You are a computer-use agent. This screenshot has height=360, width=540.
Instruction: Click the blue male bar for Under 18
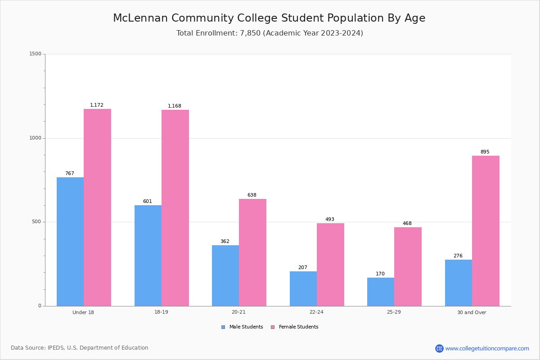tap(70, 242)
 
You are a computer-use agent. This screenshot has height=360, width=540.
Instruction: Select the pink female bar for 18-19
tap(175, 208)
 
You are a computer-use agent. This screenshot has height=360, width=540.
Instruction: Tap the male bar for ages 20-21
tap(225, 275)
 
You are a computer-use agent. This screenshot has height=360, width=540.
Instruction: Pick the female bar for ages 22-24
tap(330, 265)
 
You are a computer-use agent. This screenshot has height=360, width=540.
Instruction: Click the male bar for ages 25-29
tap(381, 292)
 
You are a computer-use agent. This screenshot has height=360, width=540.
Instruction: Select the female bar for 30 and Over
tap(486, 231)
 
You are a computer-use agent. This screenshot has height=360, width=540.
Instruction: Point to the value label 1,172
tap(97, 105)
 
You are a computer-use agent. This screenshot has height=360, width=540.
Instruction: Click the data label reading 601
tap(148, 201)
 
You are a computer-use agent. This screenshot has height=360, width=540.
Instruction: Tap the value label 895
tap(485, 152)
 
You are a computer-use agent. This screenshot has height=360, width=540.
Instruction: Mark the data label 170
tap(380, 274)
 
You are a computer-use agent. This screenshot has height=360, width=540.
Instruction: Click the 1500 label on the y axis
tap(36, 54)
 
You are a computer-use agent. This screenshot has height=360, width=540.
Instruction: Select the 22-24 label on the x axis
tap(316, 312)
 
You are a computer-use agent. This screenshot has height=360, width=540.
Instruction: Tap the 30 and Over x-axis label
tap(472, 312)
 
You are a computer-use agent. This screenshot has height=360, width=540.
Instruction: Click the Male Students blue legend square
tap(223, 327)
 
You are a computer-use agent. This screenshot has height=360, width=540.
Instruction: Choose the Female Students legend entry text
tap(299, 327)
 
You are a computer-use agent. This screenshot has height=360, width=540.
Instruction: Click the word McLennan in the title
tap(140, 18)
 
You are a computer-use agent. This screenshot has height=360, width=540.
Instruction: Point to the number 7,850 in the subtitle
tap(250, 33)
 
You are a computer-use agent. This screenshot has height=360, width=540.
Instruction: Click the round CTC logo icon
tap(439, 348)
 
